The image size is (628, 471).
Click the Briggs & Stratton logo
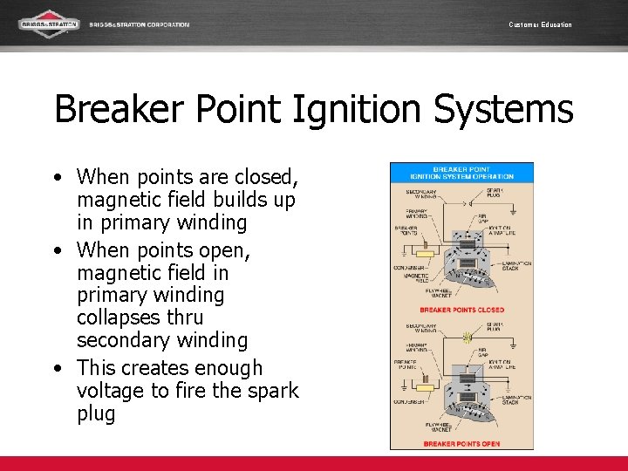click(x=49, y=24)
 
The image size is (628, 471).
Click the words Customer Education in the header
click(x=540, y=24)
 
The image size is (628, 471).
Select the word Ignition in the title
click(x=304, y=110)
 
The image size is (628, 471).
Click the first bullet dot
click(x=57, y=177)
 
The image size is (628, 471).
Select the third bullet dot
click(x=57, y=368)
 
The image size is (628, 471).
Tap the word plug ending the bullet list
click(x=96, y=413)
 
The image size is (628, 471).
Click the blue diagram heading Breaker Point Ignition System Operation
click(x=461, y=172)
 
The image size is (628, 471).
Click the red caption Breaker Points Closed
click(x=461, y=310)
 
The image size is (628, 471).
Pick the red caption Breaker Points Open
click(x=461, y=444)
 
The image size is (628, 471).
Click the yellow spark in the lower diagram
click(x=468, y=337)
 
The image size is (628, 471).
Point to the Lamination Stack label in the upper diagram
click(x=516, y=265)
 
